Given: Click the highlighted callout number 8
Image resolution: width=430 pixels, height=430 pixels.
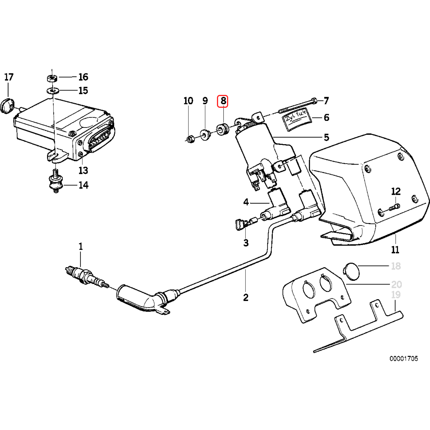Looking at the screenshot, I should click(x=223, y=101).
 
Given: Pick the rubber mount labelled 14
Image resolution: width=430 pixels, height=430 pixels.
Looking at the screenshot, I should click(x=56, y=183).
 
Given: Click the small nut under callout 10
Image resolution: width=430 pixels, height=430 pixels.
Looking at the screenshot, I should click(x=190, y=139).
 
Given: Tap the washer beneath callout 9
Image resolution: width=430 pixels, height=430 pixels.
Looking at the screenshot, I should click(x=206, y=135).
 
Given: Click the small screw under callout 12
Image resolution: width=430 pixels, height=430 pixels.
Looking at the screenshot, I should click(x=394, y=207).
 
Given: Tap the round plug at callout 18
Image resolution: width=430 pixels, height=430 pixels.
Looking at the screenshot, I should click(x=351, y=271).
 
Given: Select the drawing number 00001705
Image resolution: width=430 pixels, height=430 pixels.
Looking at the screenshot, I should click(x=403, y=359).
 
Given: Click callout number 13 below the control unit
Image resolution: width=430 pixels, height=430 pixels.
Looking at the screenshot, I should click(x=83, y=170).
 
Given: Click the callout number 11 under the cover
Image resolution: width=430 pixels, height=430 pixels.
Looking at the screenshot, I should click(x=395, y=249).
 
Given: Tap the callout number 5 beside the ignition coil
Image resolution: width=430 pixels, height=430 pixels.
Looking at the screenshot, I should click(x=326, y=137).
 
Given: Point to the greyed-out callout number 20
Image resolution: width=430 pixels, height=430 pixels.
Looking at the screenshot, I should click(x=396, y=284).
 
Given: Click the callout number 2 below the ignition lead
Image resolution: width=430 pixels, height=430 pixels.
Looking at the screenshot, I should click(x=246, y=297).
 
